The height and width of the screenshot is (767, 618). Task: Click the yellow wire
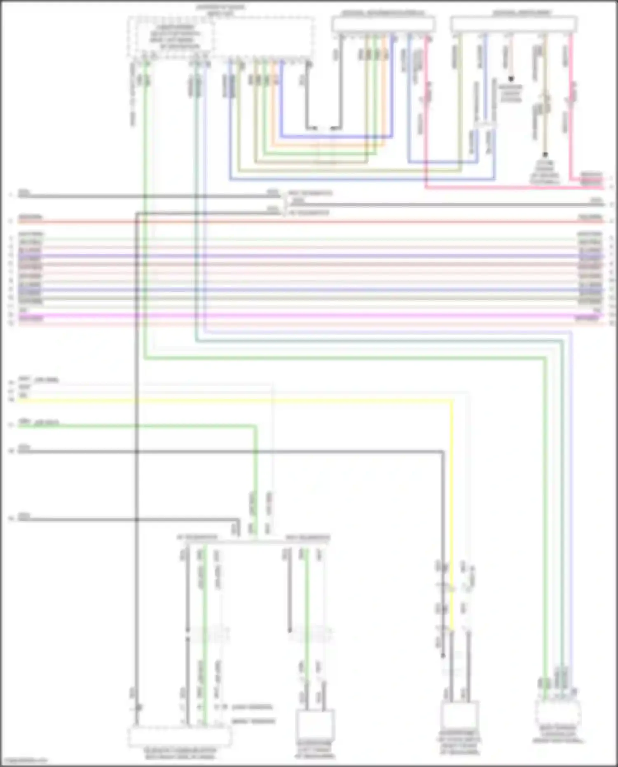pyautogui.click(x=247, y=400)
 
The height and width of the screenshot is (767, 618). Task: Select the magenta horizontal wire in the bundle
pyautogui.click(x=309, y=315)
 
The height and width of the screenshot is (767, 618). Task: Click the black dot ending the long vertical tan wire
pyautogui.click(x=545, y=155)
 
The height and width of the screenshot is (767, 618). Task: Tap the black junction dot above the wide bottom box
pyautogui.click(x=138, y=707)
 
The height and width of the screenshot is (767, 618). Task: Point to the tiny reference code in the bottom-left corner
pyautogui.click(x=24, y=761)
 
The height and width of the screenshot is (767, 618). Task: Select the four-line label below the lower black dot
pyautogui.click(x=545, y=172)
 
